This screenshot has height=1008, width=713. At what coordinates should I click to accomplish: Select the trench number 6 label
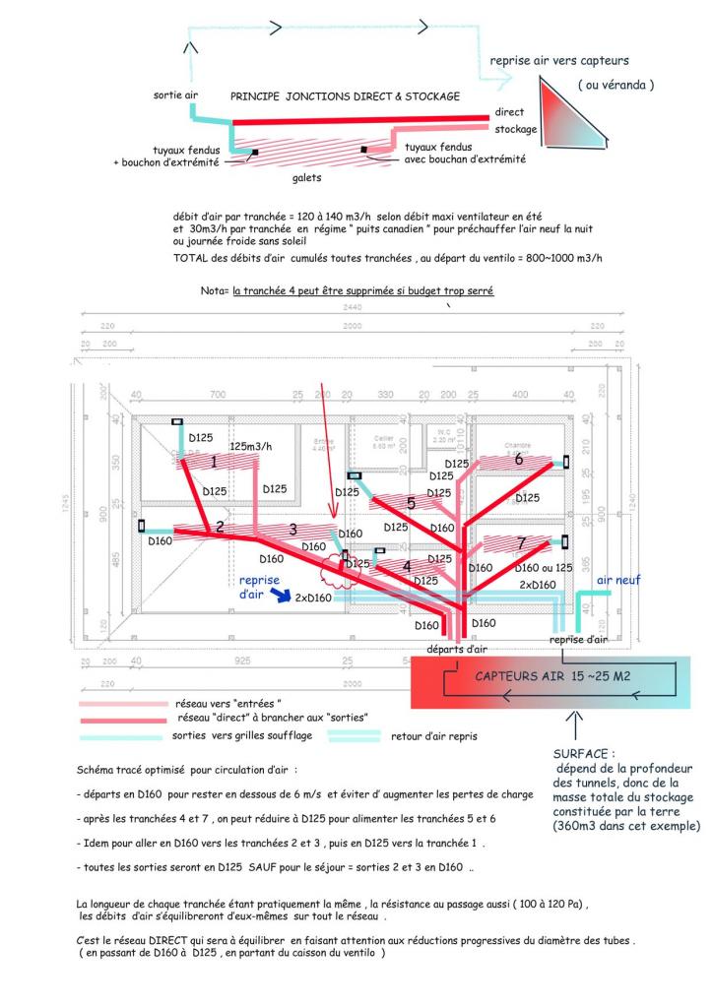pyautogui.click(x=518, y=458)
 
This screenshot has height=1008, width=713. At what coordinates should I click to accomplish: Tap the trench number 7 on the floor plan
pyautogui.click(x=522, y=542)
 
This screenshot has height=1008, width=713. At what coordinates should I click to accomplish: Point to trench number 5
pyautogui.click(x=410, y=503)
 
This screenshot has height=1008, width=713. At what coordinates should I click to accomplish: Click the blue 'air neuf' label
pyautogui.click(x=618, y=580)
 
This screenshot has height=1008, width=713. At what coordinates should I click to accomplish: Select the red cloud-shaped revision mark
pyautogui.click(x=337, y=568)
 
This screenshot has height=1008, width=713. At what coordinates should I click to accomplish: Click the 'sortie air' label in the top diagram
pyautogui.click(x=177, y=95)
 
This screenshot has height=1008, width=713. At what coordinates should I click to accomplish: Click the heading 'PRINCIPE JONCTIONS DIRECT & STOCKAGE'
pyautogui.click(x=345, y=97)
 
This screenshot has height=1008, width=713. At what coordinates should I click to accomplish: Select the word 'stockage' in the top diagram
pyautogui.click(x=516, y=129)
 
